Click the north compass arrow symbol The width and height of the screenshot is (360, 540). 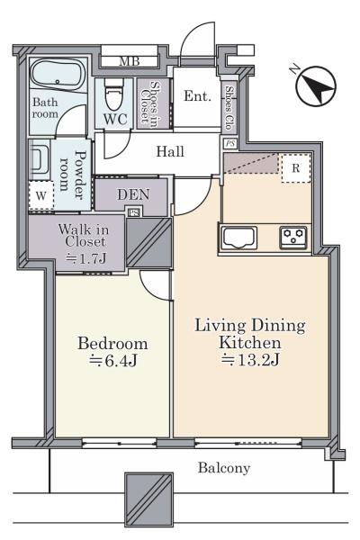point(316,85)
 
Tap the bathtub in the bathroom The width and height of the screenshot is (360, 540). point(58,76)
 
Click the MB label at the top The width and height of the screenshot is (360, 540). point(130,61)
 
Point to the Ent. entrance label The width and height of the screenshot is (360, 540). point(197,96)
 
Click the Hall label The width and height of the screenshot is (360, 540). point(170,151)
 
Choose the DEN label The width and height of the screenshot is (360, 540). point(133,194)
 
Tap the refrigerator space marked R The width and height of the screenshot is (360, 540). point(296,168)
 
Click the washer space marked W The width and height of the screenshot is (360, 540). point(41,195)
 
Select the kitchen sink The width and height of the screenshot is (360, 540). point(238,238)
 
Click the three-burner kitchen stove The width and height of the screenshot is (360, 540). point(293,238)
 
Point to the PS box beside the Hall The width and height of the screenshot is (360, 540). point(230,143)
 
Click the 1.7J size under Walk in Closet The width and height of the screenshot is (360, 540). point(85,258)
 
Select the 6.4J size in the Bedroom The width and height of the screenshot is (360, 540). point(113,361)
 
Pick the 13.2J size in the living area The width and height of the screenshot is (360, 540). point(250,359)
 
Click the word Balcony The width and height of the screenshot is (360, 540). point(224,468)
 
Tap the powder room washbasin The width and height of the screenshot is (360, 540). point(39,158)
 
